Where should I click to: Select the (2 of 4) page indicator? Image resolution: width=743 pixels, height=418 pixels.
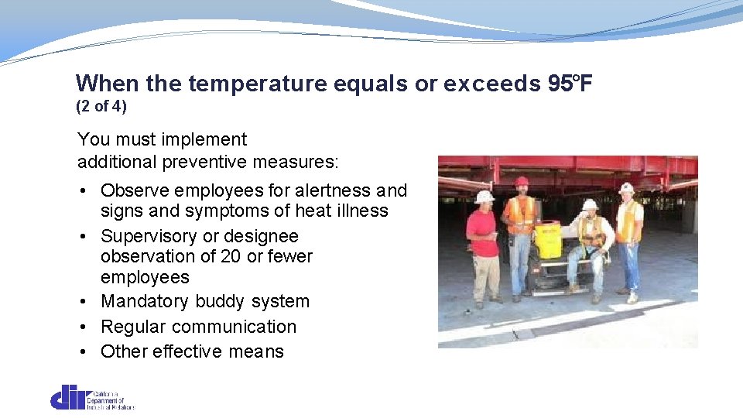click(x=101, y=105)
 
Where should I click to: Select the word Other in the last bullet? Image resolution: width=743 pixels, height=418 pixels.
click(x=124, y=351)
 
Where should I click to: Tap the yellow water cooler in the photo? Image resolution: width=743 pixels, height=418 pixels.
click(x=549, y=238)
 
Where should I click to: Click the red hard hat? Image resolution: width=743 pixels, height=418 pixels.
click(x=521, y=181)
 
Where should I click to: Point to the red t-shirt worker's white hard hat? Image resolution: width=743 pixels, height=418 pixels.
click(x=485, y=197)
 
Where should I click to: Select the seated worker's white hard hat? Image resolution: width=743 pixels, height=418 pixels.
click(x=590, y=204)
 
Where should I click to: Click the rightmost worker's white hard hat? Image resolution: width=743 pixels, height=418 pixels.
click(x=626, y=187)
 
